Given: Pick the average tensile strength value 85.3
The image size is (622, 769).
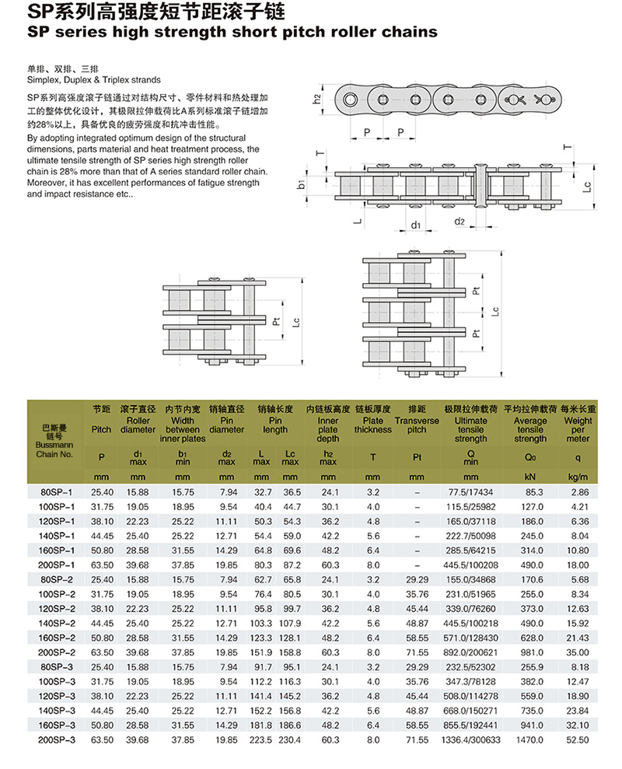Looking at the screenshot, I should [531, 492].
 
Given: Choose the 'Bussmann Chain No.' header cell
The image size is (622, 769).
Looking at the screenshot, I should [54, 440].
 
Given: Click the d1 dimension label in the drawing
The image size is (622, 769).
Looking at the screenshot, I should [416, 225].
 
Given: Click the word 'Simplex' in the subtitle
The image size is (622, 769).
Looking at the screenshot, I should [43, 79].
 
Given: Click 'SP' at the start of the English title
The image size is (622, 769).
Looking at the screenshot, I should [38, 33].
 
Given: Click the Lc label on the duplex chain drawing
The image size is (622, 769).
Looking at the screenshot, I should [296, 320].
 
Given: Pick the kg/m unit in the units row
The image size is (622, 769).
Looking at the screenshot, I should [578, 476].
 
